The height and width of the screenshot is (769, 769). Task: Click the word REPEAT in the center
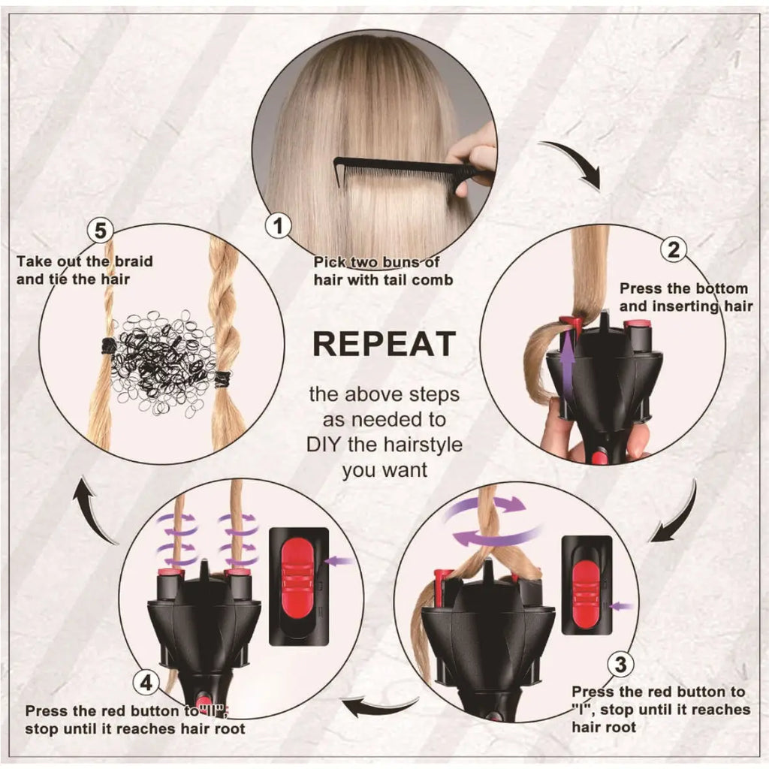pos(384,343)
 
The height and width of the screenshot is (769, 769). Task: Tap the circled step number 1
pos(279,225)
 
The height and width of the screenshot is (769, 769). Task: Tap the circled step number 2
pos(673,249)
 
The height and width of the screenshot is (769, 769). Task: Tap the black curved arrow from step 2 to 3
pos(676,514)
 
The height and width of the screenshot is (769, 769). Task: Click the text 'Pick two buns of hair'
pos(376,271)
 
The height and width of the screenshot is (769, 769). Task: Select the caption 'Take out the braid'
pos(85,261)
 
